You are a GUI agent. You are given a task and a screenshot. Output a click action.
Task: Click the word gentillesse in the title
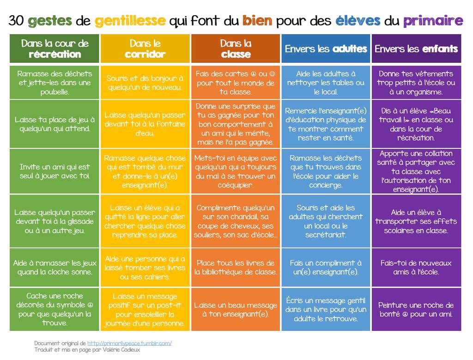130,20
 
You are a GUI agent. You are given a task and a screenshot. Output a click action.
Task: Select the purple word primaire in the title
432,21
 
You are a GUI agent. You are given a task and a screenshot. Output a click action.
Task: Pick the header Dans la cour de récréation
55,49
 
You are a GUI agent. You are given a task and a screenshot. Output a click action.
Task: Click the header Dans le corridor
145,49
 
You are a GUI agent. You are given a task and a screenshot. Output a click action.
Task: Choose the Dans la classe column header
236,49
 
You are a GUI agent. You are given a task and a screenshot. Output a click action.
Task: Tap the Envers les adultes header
326,49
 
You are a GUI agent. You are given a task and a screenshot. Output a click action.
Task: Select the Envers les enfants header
416,49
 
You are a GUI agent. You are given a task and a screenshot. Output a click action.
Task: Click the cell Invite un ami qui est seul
55,171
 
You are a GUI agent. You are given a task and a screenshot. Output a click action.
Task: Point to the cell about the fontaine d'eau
145,124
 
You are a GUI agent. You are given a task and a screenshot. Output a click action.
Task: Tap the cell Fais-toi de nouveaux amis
416,268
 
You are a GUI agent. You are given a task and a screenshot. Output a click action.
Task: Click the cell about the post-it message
145,310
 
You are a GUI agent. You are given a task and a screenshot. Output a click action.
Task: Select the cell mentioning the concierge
326,171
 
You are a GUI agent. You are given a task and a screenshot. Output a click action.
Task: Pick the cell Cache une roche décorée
55,310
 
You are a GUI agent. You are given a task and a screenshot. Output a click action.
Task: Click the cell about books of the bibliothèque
236,268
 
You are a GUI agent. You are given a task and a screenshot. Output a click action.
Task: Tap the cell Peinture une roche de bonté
416,310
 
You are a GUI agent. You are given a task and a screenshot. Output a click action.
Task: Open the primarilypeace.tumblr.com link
129,343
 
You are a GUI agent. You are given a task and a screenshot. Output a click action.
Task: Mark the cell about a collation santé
416,171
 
